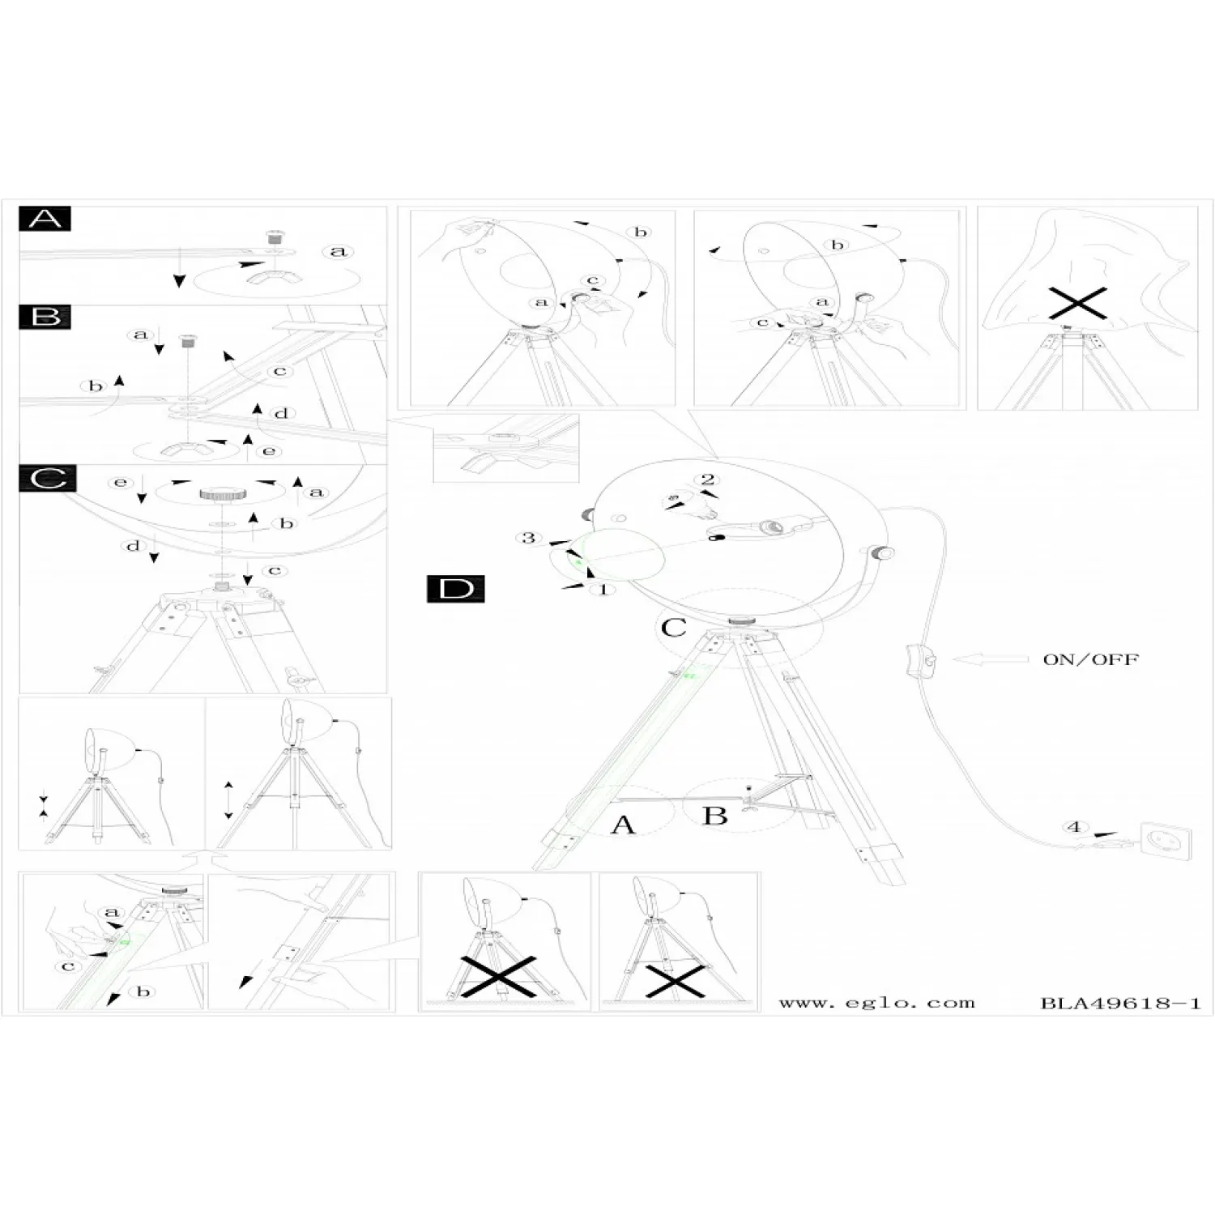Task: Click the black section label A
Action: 45,219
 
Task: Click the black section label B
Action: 45,316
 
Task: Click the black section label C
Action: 48,479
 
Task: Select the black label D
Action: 455,589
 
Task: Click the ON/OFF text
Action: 1090,659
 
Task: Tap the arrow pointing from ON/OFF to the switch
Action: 990,659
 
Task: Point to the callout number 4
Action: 1075,827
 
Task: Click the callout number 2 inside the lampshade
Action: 708,480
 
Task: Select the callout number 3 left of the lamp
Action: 529,538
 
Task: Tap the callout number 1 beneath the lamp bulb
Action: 603,589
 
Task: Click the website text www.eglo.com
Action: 876,1003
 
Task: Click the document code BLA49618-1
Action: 1120,1003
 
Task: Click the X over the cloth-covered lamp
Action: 1077,304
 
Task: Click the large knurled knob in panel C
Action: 217,494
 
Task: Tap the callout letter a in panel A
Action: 338,251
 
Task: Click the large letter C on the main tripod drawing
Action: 674,628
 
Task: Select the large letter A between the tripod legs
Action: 623,825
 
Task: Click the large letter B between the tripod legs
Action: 714,815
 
